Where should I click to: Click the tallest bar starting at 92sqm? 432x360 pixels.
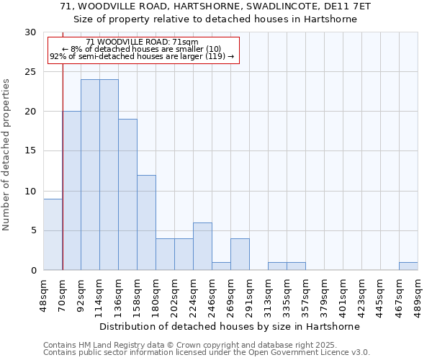coord(90,174)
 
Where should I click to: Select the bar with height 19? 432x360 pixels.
coord(127,194)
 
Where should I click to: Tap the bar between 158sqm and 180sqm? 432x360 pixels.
coord(146,222)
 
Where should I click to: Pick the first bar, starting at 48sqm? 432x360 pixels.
coord(53,234)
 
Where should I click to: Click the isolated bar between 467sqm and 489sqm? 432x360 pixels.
coord(408,266)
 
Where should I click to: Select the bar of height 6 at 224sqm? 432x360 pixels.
coord(202,246)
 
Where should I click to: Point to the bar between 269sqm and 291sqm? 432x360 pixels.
coord(240,254)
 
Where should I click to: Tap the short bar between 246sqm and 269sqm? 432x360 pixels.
coord(221,266)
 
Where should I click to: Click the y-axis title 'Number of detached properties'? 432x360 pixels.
coord(7,155)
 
